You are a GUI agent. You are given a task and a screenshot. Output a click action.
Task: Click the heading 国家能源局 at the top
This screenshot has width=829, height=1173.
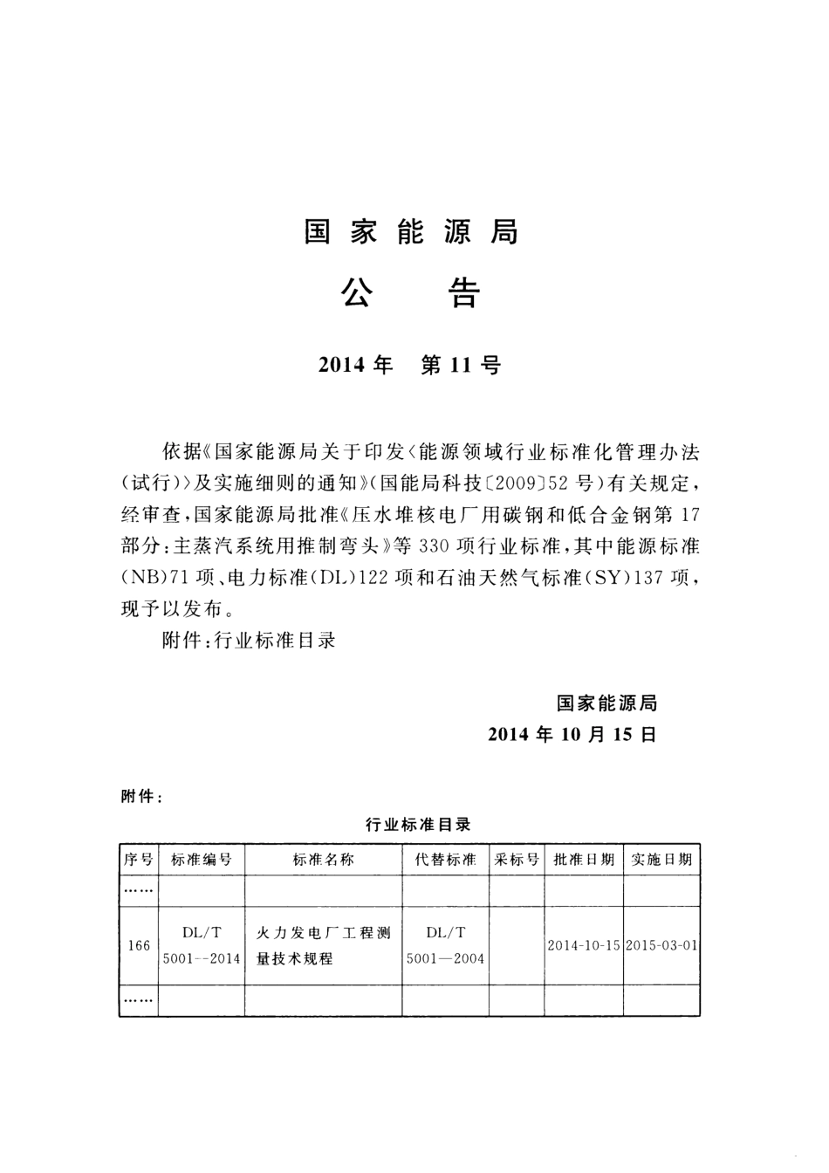pos(411,232)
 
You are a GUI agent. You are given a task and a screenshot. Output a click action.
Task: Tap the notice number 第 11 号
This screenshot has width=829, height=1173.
pos(460,366)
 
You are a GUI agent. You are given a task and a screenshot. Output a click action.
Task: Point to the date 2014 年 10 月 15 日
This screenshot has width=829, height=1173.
pos(572,734)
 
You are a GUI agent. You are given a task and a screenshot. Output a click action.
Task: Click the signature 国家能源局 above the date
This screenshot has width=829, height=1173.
pos(606,703)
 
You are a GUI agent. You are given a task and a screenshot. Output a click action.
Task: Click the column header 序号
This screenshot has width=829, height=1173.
pos(138,860)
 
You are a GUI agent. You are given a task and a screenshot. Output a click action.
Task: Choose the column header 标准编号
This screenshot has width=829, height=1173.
pos(202,860)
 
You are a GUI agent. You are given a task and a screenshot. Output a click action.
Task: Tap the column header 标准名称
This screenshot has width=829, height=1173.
pos(323,860)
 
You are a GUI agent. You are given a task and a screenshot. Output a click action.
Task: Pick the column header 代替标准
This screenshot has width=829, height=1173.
pos(445,860)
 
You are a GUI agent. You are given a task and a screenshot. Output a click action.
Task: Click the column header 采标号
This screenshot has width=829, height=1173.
pos(517,860)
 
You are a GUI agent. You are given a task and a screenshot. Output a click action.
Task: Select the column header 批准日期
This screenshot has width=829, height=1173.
pos(584,860)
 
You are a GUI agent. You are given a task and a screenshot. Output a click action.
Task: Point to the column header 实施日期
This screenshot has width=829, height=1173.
pos(661,860)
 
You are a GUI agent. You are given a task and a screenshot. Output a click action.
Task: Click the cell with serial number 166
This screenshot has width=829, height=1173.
pos(138,945)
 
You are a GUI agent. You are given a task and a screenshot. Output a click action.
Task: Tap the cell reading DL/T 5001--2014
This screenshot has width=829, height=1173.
pos(202,945)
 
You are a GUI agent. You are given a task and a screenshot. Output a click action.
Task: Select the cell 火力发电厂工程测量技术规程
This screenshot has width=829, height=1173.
pos(323,945)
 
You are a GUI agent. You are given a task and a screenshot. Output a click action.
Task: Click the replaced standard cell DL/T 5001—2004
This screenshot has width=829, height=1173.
pos(445,945)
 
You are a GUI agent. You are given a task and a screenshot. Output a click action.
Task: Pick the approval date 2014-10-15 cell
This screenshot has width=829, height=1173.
pos(584,945)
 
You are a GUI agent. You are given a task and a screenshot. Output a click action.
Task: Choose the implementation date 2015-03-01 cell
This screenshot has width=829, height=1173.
pos(661,945)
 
